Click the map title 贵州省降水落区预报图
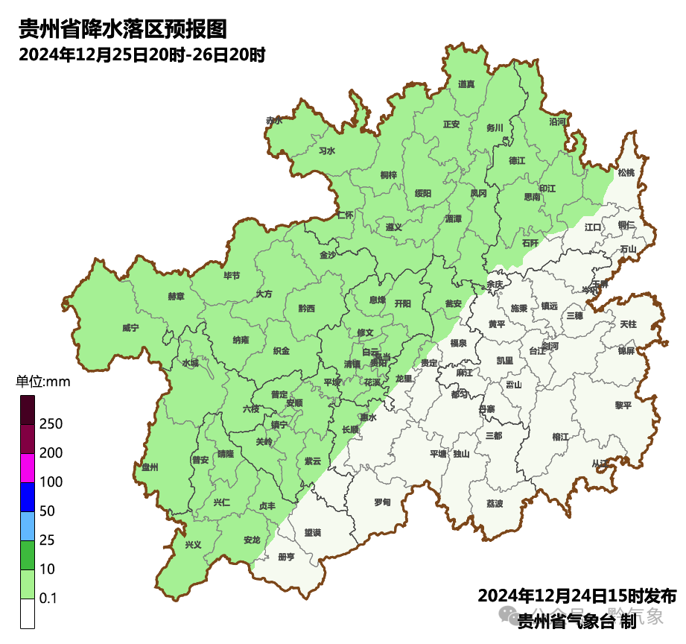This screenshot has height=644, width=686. pyautogui.click(x=122, y=29)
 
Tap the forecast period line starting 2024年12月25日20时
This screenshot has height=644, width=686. pyautogui.click(x=142, y=54)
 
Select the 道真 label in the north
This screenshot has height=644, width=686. pyautogui.click(x=466, y=84)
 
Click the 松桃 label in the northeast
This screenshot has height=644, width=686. pyautogui.click(x=626, y=173)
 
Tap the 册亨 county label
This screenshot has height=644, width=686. pyautogui.click(x=285, y=557)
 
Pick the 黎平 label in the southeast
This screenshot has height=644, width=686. pyautogui.click(x=623, y=405)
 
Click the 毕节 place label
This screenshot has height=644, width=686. pyautogui.click(x=232, y=275)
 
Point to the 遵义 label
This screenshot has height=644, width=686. pyautogui.click(x=393, y=227)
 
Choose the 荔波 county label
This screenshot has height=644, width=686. pyautogui.click(x=495, y=503)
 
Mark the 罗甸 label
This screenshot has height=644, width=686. pyautogui.click(x=382, y=502)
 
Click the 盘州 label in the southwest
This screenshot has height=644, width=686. pyautogui.click(x=150, y=467)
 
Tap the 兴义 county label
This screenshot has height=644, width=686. pyautogui.click(x=193, y=545)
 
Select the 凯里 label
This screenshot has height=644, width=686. pyautogui.click(x=504, y=361)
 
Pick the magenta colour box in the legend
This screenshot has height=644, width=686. pyautogui.click(x=28, y=467)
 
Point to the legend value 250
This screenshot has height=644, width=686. pyautogui.click(x=51, y=424)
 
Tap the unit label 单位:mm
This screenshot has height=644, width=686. pyautogui.click(x=42, y=382)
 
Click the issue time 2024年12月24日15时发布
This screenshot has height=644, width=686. pyautogui.click(x=577, y=596)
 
